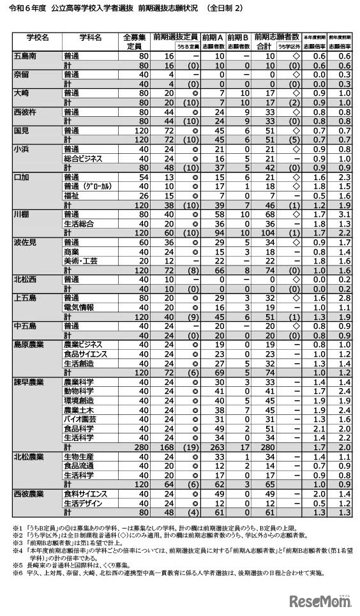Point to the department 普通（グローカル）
[89, 185]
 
